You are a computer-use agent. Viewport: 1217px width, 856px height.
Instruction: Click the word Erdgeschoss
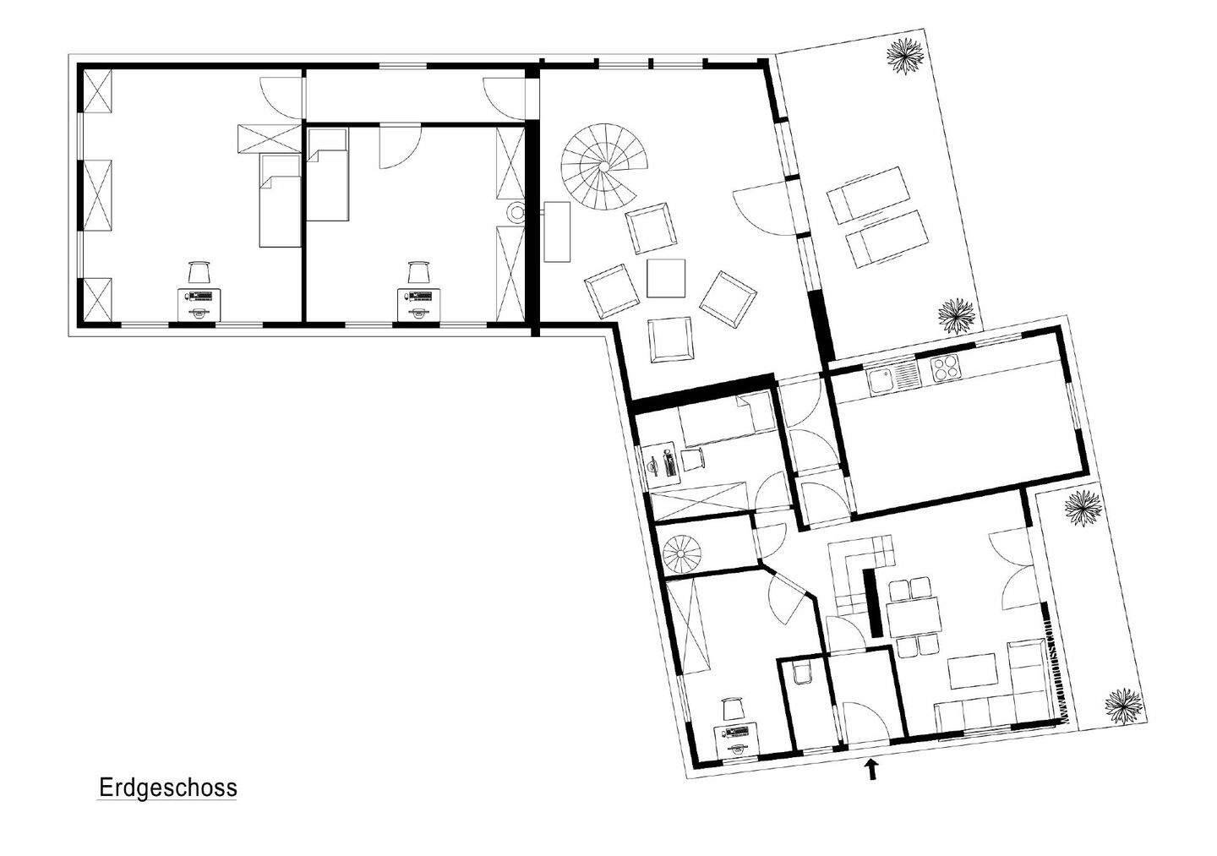(168, 788)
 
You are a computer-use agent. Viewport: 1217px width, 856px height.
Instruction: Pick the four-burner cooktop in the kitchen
(944, 368)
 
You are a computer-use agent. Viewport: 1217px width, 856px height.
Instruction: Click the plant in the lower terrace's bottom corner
(1125, 703)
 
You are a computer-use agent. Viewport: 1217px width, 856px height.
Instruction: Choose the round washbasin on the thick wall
(516, 213)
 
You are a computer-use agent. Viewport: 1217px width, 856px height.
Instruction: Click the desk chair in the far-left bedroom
(199, 273)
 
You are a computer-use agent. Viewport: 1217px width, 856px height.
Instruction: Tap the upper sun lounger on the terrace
(864, 194)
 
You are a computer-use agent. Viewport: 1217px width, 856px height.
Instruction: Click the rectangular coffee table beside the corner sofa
(973, 672)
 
